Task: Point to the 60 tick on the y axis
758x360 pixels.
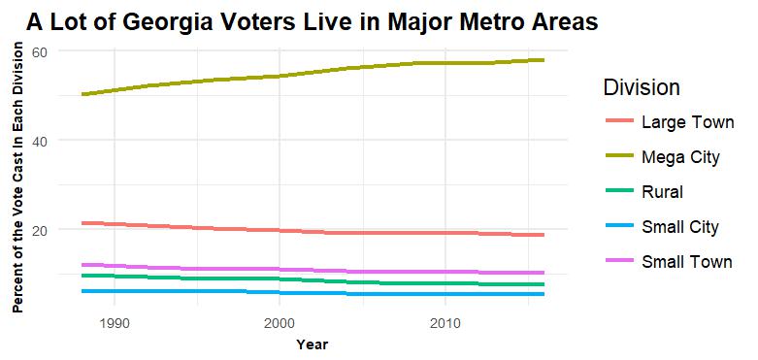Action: [x=40, y=50]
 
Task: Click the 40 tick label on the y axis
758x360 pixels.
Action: [x=40, y=140]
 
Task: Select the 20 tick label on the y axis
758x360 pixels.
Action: [x=40, y=230]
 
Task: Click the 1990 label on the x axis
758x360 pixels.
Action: [x=115, y=321]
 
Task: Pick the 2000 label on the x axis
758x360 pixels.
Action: [x=280, y=321]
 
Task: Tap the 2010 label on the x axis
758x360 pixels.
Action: [x=445, y=321]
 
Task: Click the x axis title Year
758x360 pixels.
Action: [x=312, y=344]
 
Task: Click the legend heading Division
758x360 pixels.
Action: [x=642, y=87]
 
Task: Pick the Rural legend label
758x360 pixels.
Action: [x=662, y=192]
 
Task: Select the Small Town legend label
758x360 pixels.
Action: [x=685, y=262]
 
